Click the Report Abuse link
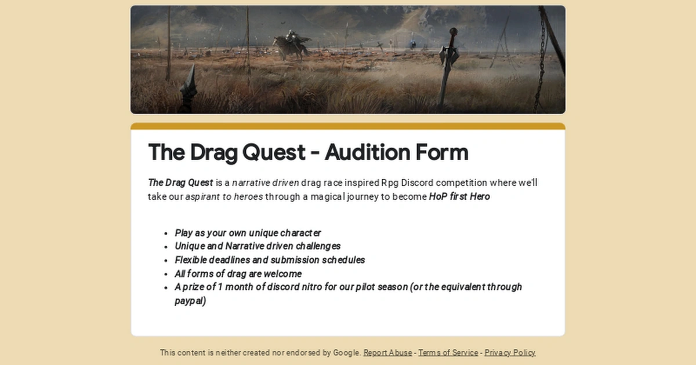point(387,352)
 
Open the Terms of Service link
point(448,352)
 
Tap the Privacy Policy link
point(510,352)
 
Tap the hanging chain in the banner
point(543,58)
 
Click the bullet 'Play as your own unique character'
point(248,233)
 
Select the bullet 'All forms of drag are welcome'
point(238,273)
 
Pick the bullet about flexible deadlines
point(270,260)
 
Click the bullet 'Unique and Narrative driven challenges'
point(258,246)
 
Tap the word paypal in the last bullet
point(190,301)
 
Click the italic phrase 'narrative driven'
point(265,183)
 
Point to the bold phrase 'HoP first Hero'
point(459,196)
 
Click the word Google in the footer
point(347,352)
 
